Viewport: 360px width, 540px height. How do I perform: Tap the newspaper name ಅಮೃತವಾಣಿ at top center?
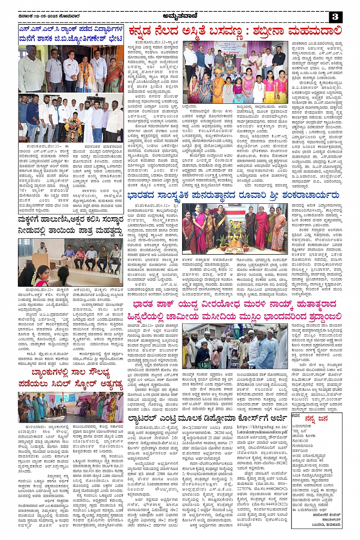click(x=179, y=16)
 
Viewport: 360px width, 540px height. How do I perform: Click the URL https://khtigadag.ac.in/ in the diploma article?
click(x=262, y=427)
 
